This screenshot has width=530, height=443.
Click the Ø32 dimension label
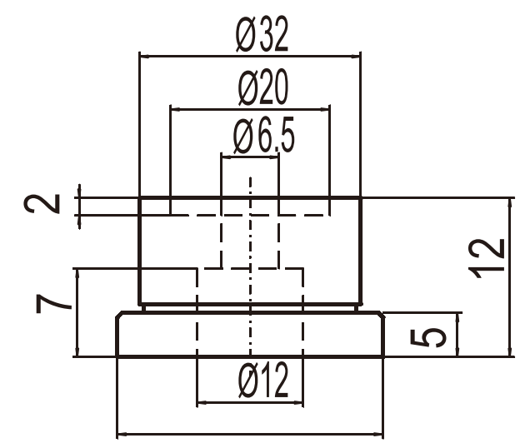click(x=262, y=34)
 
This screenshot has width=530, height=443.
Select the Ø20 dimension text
click(x=263, y=87)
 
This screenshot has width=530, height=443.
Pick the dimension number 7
click(x=53, y=304)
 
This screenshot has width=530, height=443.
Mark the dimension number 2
click(x=42, y=204)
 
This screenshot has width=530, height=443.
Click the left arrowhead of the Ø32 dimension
click(x=144, y=57)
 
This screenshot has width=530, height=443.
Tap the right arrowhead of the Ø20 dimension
click(x=325, y=109)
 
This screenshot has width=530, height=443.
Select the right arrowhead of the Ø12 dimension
click(x=298, y=402)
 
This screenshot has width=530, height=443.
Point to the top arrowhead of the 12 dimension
click(x=510, y=203)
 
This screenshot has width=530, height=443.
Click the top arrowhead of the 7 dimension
click(x=78, y=274)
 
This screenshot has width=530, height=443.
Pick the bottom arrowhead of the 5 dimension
click(x=458, y=351)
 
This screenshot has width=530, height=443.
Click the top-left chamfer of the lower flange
click(x=119, y=315)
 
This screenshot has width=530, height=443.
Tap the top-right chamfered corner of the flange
click(x=381, y=315)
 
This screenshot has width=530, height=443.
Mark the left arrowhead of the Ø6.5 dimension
click(x=226, y=157)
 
